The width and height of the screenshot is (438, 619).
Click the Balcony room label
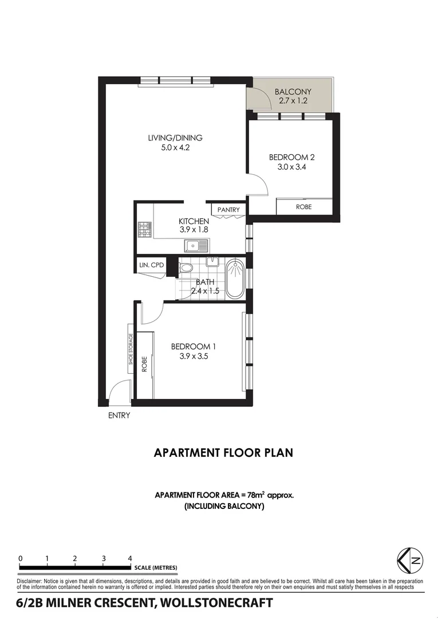click(x=293, y=92)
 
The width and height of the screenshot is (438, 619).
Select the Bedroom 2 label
click(x=292, y=157)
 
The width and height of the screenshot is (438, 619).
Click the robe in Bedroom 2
click(x=303, y=206)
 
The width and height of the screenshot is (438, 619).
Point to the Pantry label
click(x=228, y=210)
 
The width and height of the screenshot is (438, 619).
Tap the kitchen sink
click(x=197, y=246)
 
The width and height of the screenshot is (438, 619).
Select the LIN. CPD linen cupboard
click(x=151, y=265)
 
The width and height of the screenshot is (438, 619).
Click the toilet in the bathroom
click(x=186, y=268)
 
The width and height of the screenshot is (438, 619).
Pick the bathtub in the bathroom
click(x=234, y=279)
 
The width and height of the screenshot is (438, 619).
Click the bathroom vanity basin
click(x=213, y=263)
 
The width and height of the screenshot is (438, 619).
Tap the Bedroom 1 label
click(x=194, y=346)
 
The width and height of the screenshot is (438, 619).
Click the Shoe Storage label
click(x=131, y=349)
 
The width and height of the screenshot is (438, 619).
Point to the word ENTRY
click(x=119, y=416)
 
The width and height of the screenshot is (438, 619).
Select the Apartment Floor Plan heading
click(x=223, y=453)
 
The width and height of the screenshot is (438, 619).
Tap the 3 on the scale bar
click(x=104, y=558)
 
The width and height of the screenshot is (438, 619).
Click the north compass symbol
click(x=410, y=561)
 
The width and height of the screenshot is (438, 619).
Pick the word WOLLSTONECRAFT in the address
click(x=218, y=603)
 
